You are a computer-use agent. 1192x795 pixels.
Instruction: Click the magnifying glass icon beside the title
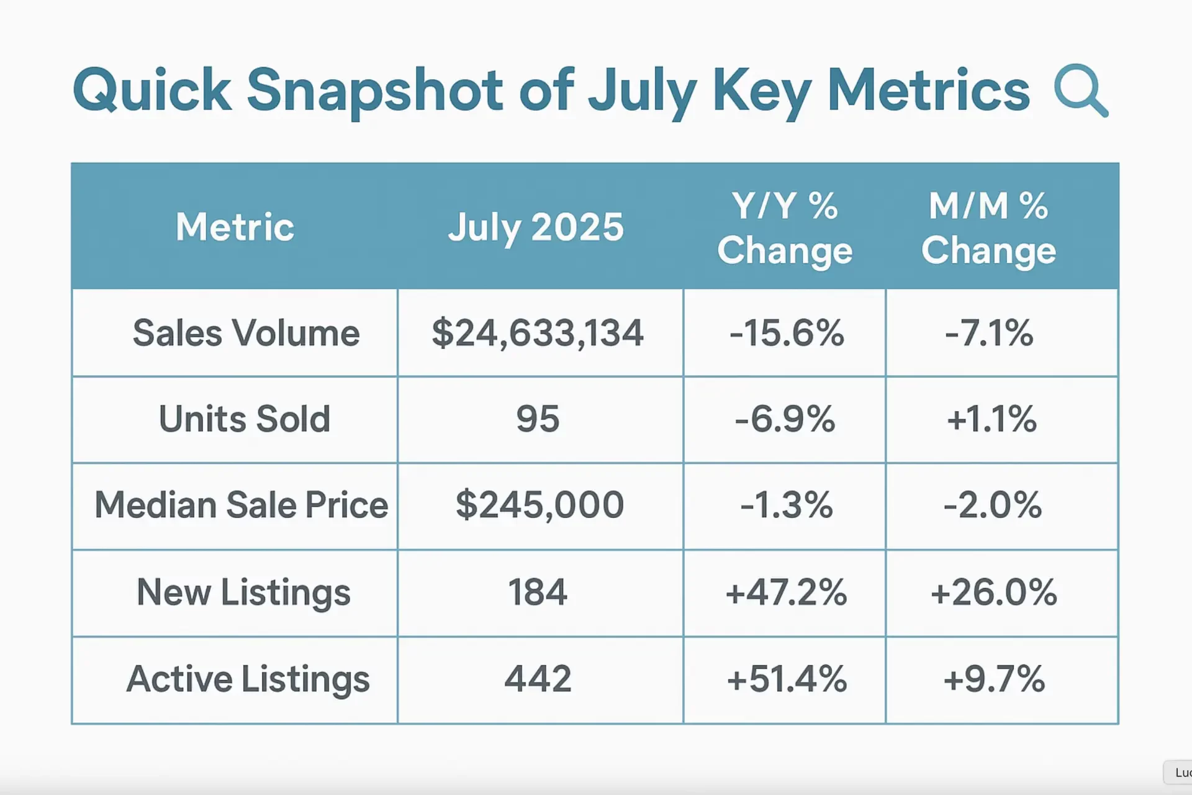pos(1080,91)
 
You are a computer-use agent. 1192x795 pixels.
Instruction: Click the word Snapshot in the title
pos(375,91)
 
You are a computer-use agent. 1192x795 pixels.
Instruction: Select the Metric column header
pos(235,227)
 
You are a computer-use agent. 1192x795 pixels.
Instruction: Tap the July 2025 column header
pos(536,227)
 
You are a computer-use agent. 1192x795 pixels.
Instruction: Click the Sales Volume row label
pos(246,333)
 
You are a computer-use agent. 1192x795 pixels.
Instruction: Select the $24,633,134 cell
pos(538,333)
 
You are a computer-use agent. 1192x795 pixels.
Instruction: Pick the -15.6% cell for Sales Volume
pos(786,333)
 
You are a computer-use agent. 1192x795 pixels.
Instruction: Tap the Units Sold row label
pos(245,419)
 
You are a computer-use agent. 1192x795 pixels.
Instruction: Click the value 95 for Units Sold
pos(538,419)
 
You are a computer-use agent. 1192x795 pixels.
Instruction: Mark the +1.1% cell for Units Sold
pos(991,419)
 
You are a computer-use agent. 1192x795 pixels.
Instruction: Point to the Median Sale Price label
pos(241,505)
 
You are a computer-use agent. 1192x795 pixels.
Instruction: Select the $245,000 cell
pos(540,505)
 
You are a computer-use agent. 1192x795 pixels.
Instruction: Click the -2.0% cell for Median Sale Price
pos(992,505)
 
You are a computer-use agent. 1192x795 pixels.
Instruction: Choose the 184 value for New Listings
pos(538,592)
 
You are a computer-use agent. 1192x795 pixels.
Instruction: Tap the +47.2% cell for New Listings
pos(786,592)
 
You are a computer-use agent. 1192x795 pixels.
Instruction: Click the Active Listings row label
pos(248,679)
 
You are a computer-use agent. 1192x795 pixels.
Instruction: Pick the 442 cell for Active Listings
pos(538,679)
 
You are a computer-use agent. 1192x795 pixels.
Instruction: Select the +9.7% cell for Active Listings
pos(993,679)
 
